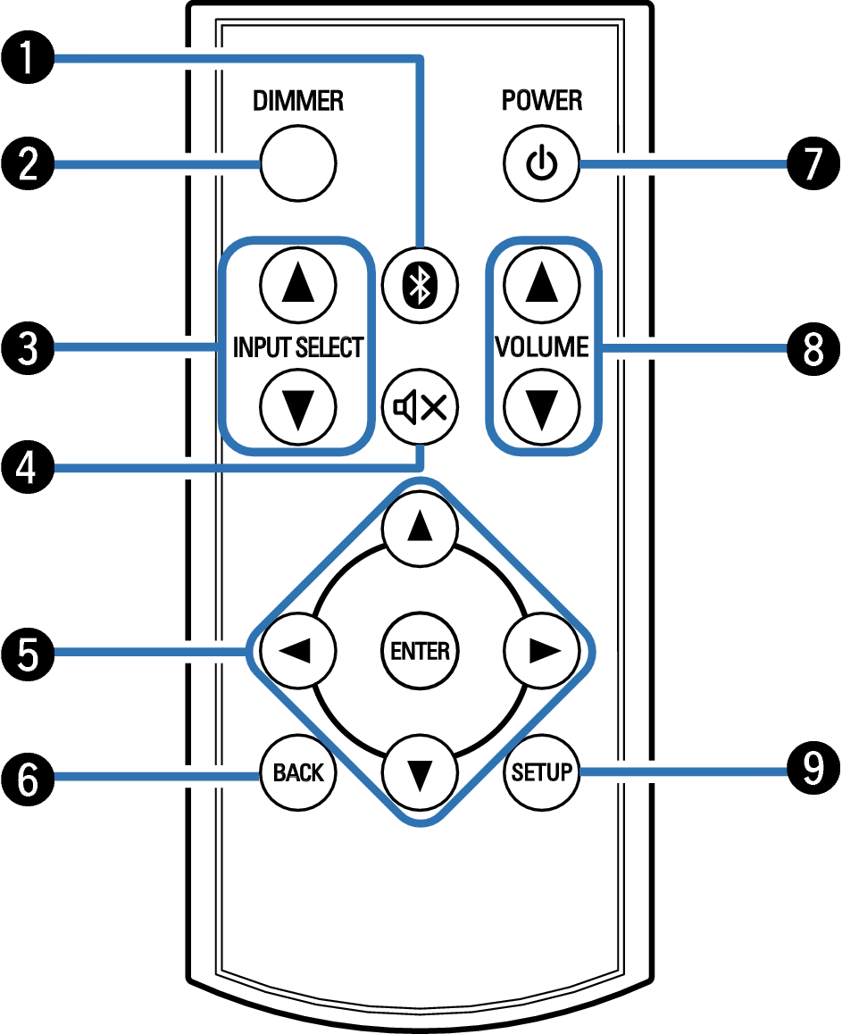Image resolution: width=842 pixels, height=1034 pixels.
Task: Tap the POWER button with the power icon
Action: (x=541, y=164)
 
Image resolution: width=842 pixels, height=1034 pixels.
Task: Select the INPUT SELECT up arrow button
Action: (x=297, y=286)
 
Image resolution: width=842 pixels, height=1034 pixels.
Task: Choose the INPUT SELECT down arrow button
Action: (x=297, y=407)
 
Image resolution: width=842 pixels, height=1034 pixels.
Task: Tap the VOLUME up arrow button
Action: (x=541, y=286)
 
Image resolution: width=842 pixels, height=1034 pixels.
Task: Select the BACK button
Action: (x=297, y=772)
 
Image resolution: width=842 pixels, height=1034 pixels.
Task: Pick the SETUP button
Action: (x=541, y=772)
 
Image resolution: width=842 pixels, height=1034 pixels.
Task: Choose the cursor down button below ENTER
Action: (x=420, y=772)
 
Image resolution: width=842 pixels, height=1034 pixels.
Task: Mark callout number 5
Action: (x=29, y=651)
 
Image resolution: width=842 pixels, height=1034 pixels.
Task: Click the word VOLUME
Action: (x=542, y=347)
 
